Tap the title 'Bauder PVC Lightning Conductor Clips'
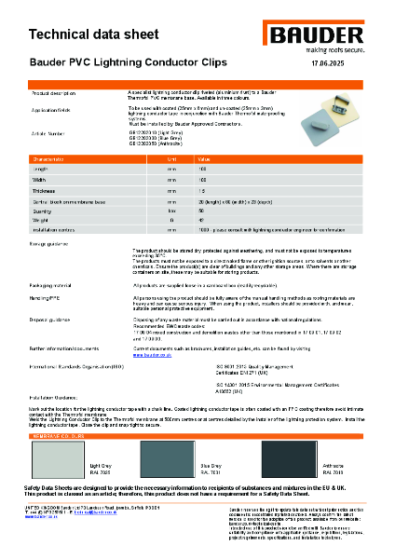[123, 65]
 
